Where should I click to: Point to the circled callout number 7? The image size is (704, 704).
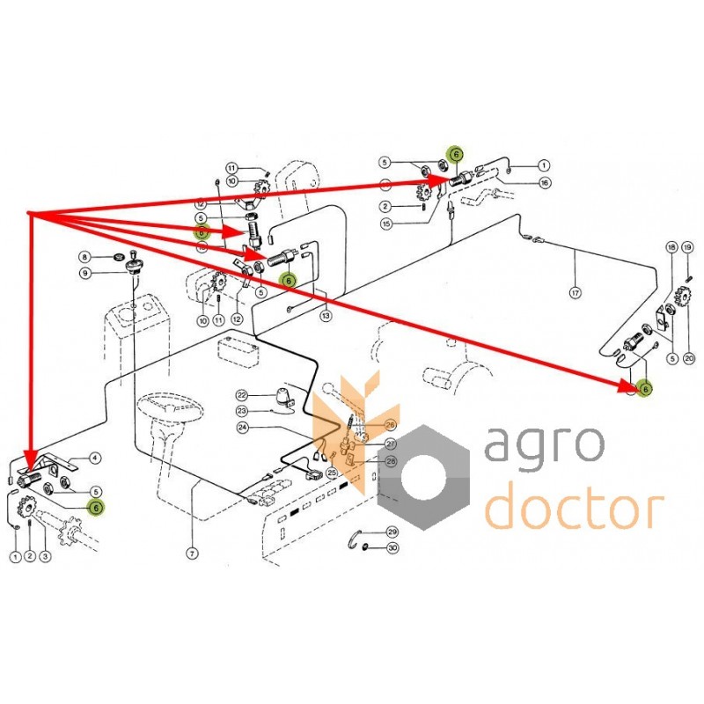pyautogui.click(x=189, y=553)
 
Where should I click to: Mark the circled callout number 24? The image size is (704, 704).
pyautogui.click(x=242, y=429)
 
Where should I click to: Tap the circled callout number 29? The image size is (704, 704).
pyautogui.click(x=392, y=532)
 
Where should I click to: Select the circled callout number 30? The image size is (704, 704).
pyautogui.click(x=392, y=549)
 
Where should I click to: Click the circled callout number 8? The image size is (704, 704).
pyautogui.click(x=84, y=256)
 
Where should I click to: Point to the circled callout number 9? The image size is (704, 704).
pyautogui.click(x=84, y=273)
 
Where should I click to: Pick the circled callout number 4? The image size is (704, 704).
pyautogui.click(x=96, y=458)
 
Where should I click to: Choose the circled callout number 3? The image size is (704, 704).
pyautogui.click(x=44, y=556)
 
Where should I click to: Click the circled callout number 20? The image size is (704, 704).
pyautogui.click(x=688, y=358)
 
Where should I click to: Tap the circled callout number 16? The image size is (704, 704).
pyautogui.click(x=545, y=182)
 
